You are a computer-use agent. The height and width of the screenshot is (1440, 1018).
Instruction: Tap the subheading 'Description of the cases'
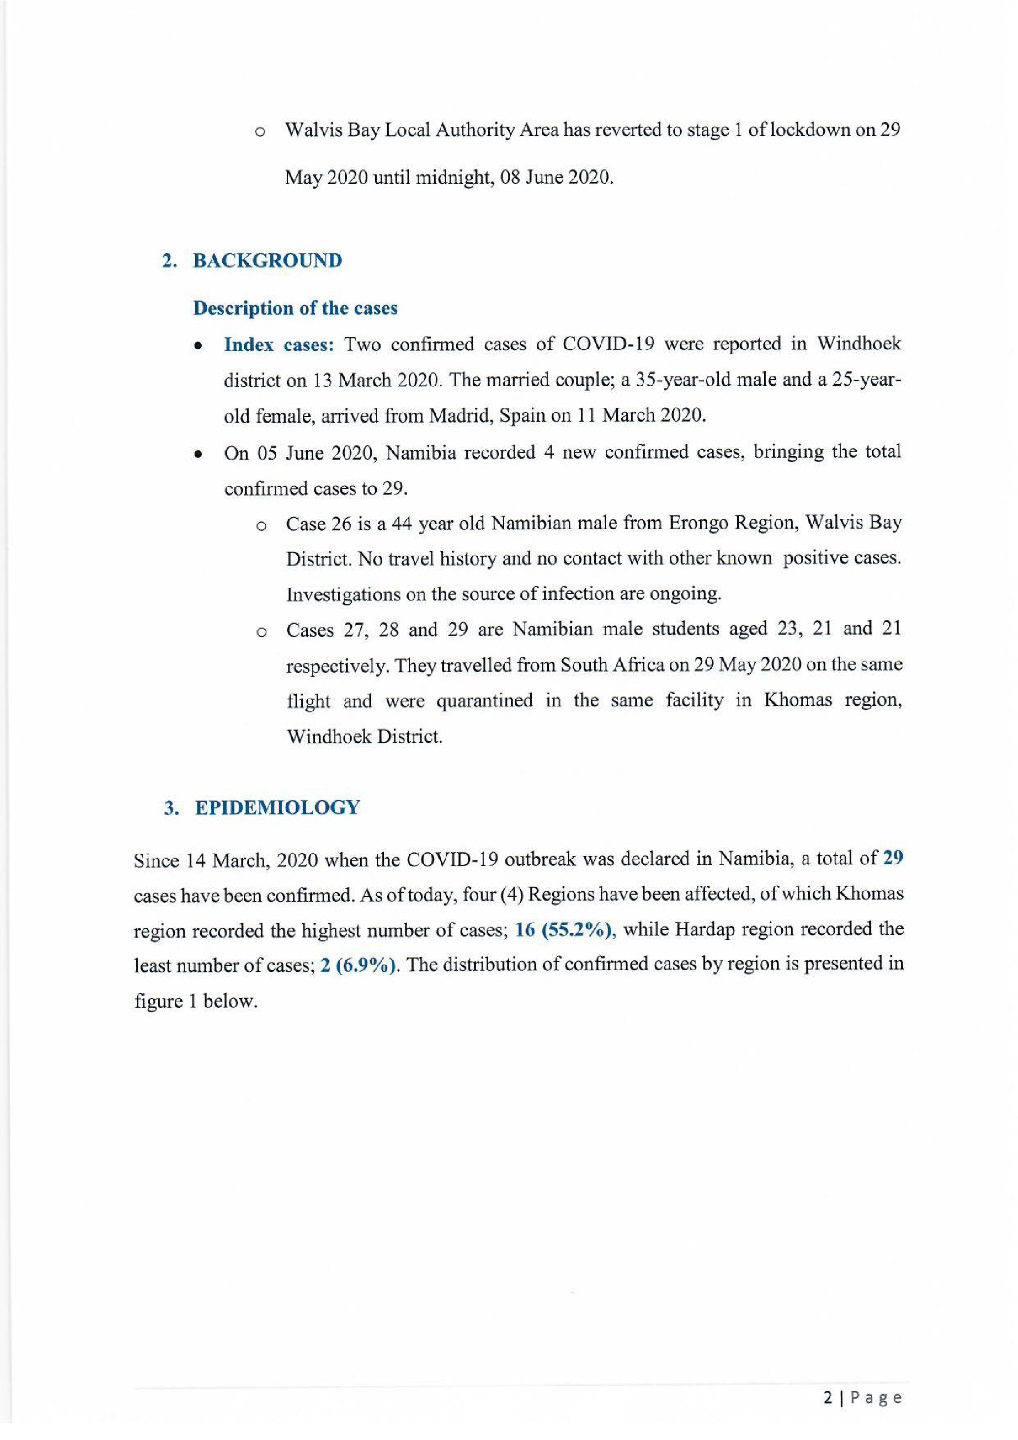pos(295,308)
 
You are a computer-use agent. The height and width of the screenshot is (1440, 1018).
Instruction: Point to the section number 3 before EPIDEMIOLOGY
pos(168,808)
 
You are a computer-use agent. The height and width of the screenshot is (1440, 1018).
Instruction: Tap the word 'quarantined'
pos(484,701)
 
